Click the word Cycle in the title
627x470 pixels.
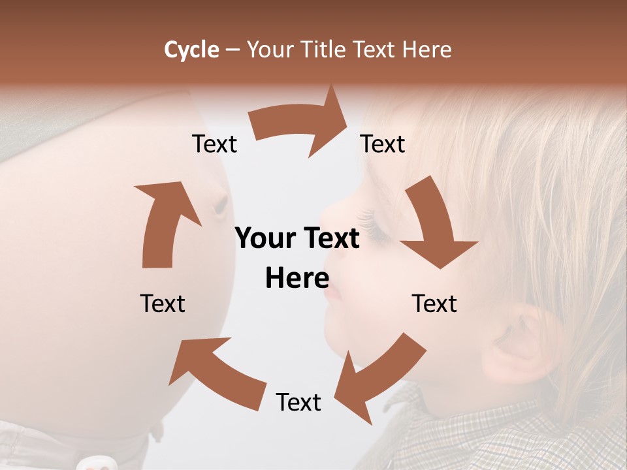pos(191,50)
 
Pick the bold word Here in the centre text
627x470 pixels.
pos(297,279)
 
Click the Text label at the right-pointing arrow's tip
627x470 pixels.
pos(383,144)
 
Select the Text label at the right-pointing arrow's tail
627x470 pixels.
pos(214,144)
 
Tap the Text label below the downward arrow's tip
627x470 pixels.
pos(434,304)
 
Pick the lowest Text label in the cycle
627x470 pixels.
pos(298,402)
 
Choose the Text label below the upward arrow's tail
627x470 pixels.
pos(163,304)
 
